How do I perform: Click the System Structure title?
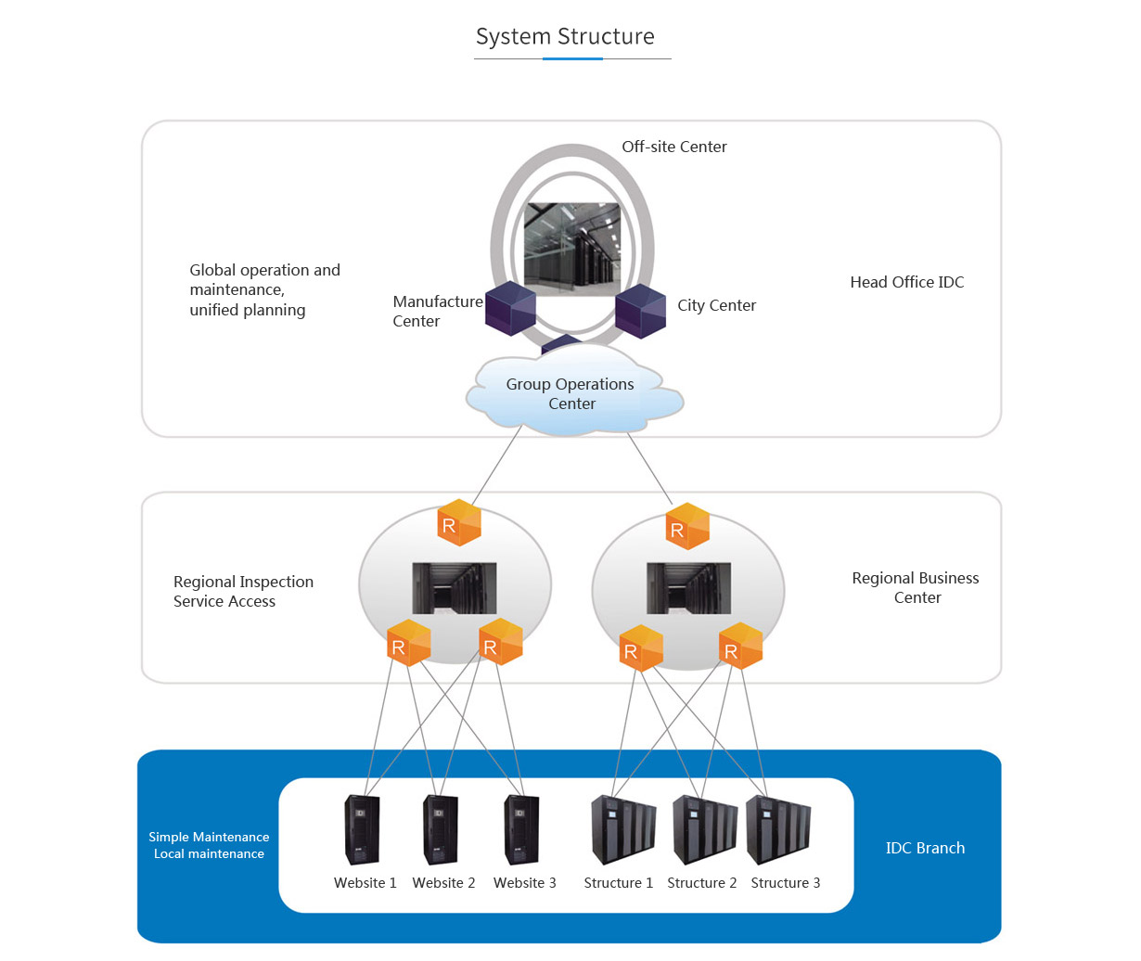click(565, 37)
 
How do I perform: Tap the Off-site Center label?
click(673, 147)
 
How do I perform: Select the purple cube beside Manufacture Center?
click(511, 308)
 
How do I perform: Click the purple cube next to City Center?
click(641, 311)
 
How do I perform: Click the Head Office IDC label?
click(906, 282)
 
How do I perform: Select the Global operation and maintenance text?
click(264, 289)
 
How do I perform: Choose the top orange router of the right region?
click(687, 526)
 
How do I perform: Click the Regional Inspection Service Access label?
click(243, 591)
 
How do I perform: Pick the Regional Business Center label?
click(916, 587)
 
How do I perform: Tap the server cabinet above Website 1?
click(362, 829)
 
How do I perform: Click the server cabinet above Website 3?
click(521, 829)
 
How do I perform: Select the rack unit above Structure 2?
click(705, 829)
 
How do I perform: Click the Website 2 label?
click(443, 883)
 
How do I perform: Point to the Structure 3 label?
click(785, 883)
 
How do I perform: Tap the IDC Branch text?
click(925, 848)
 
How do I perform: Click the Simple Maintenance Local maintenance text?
click(209, 845)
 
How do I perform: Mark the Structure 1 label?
click(618, 883)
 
